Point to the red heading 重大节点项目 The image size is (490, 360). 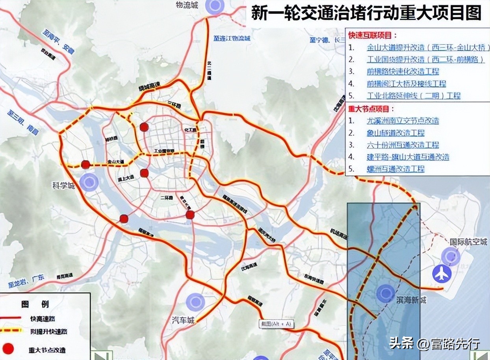pos(371,109)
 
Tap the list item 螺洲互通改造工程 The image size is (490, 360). pos(395,169)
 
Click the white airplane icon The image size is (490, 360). pos(442,274)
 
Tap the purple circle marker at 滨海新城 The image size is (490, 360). pos(385,293)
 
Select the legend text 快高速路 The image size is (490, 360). pos(43,318)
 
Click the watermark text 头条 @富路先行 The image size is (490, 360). pos(434,343)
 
